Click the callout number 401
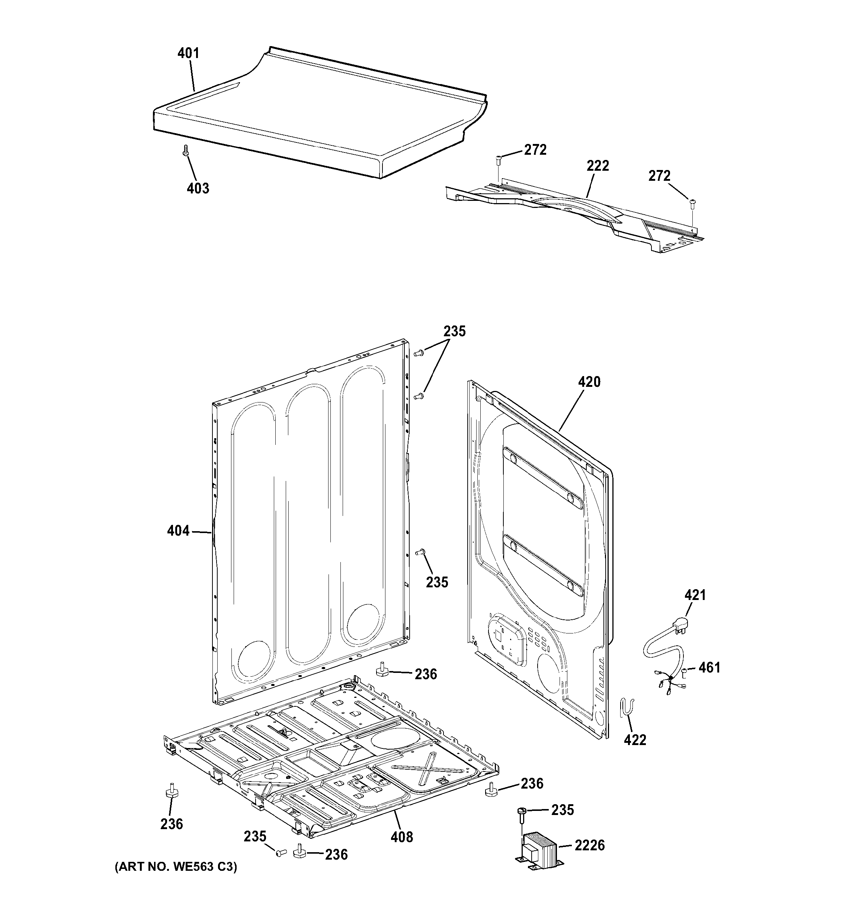(188, 53)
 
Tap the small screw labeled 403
(185, 150)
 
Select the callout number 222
(598, 166)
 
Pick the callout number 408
(402, 837)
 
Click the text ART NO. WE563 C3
(176, 867)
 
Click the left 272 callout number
(535, 150)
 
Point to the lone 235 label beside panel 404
(437, 582)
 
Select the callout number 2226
(589, 845)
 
